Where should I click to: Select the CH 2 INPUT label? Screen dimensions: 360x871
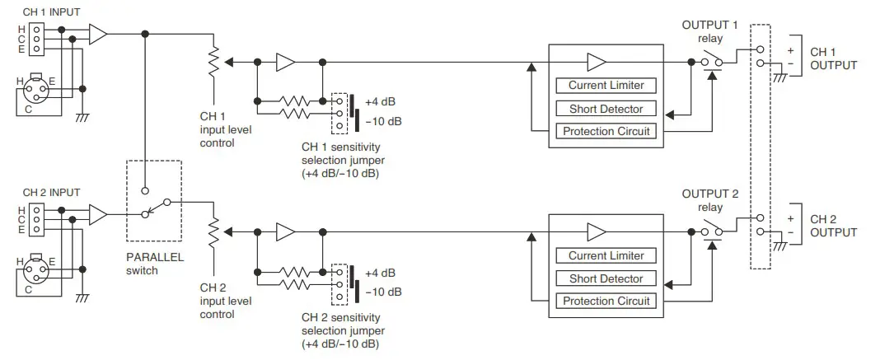pos(50,193)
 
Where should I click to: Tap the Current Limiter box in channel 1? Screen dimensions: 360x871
pos(606,86)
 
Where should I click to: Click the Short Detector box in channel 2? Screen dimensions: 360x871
pos(606,278)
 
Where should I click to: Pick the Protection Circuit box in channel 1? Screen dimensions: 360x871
pos(606,132)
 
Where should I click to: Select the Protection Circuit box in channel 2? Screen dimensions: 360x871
pos(606,302)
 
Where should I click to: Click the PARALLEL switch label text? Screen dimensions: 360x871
pos(155,264)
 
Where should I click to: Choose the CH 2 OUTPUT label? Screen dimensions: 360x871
pos(833,226)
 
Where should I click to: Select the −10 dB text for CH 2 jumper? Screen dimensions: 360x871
pos(383,292)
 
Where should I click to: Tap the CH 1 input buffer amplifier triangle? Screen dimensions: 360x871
pos(97,35)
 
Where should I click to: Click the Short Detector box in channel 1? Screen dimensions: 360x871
pos(606,109)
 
